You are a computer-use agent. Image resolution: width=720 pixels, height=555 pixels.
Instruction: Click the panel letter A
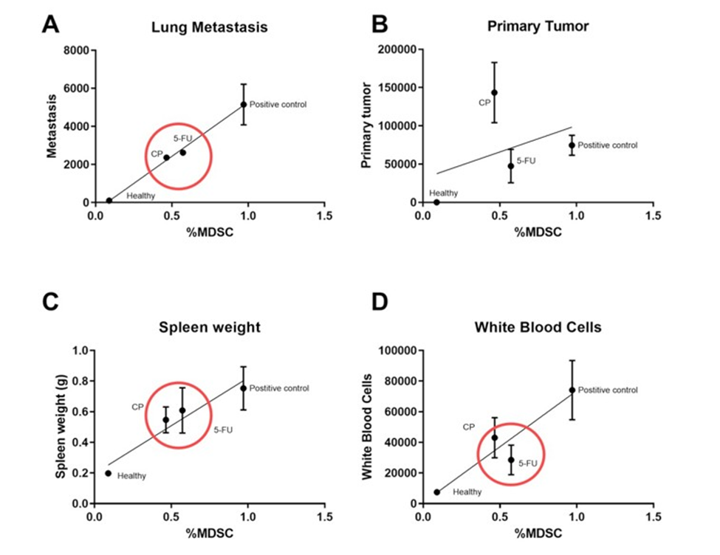coord(49,24)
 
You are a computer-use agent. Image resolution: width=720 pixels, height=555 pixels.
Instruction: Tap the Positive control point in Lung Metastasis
coord(244,104)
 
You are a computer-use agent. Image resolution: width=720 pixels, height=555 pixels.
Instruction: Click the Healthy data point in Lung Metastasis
coord(109,200)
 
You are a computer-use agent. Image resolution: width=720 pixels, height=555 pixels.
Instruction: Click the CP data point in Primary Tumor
coord(495,92)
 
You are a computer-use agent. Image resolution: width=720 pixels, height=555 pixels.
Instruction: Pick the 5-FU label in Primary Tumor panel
coord(526,160)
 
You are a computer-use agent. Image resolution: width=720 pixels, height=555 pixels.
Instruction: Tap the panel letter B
coord(380,24)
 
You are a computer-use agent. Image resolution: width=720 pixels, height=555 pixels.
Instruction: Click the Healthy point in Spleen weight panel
coord(109,473)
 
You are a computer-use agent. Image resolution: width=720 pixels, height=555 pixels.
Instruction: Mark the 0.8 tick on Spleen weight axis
coord(79,381)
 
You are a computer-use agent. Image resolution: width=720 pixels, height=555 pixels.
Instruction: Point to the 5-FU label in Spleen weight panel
coord(223,430)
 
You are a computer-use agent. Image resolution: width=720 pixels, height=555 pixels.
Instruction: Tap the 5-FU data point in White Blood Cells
coord(510,460)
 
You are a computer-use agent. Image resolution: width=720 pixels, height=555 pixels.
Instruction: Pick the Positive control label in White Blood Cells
coord(607,390)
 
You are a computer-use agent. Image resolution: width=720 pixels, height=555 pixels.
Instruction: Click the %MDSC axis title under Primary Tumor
coord(538,232)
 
